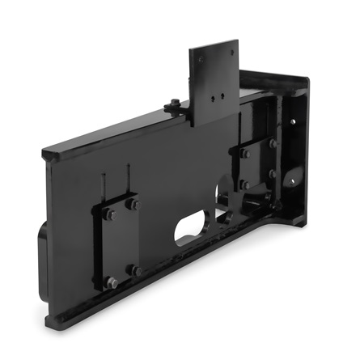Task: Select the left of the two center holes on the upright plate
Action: tap(214, 95)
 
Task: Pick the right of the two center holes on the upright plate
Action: tap(224, 91)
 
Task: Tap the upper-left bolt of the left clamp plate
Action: tap(108, 215)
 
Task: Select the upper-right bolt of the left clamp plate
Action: tap(133, 205)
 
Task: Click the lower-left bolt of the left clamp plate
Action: tap(111, 282)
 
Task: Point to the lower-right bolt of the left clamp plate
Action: tap(136, 270)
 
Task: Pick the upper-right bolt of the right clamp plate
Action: tap(273, 143)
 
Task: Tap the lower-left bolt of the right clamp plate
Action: tap(244, 184)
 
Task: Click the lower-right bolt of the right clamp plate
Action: tap(273, 174)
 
